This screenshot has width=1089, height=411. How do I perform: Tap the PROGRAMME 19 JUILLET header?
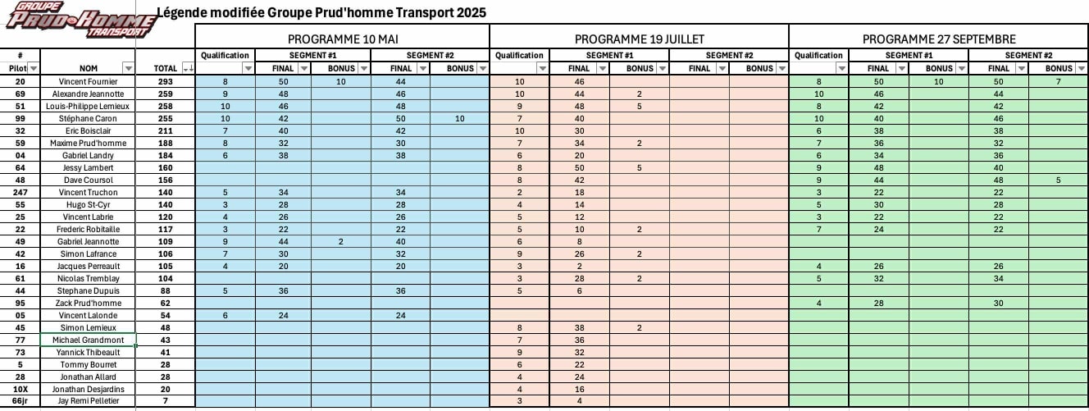click(x=639, y=39)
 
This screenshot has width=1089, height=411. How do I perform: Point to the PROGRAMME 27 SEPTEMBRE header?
click(x=939, y=39)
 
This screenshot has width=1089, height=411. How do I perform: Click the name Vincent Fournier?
click(x=89, y=82)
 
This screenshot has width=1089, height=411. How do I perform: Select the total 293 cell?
click(x=166, y=82)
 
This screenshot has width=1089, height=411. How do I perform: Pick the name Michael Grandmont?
click(x=89, y=340)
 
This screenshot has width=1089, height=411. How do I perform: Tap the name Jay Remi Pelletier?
click(x=89, y=401)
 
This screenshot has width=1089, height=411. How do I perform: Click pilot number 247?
click(x=20, y=192)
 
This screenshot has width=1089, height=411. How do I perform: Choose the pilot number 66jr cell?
click(x=20, y=401)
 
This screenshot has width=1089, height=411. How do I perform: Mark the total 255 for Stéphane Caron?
click(x=166, y=119)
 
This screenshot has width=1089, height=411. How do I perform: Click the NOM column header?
click(x=89, y=68)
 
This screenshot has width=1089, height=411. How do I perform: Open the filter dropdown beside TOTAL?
click(x=189, y=68)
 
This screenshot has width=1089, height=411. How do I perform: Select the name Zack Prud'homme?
click(x=89, y=303)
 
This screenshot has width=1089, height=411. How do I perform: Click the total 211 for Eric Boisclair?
click(x=166, y=131)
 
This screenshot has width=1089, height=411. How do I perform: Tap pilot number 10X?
click(x=20, y=389)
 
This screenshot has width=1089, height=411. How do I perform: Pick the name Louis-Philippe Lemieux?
click(x=89, y=107)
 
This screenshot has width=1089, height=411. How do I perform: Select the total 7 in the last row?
click(x=166, y=401)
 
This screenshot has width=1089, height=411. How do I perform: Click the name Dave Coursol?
click(x=89, y=180)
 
